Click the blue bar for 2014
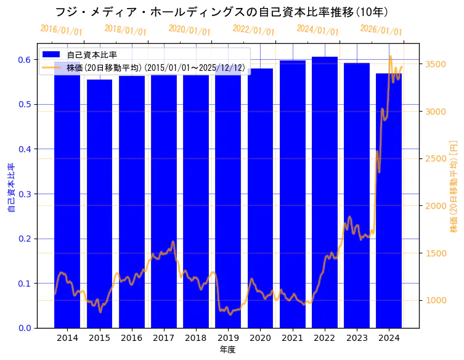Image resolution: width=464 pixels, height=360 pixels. click(x=67, y=197)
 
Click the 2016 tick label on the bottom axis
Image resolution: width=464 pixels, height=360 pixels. click(x=132, y=338)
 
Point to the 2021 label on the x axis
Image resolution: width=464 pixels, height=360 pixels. click(x=293, y=338)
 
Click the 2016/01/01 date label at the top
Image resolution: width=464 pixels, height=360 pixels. click(x=61, y=30)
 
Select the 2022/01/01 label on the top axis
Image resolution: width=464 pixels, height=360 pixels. click(x=253, y=30)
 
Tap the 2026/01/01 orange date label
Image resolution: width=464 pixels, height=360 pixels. click(x=381, y=30)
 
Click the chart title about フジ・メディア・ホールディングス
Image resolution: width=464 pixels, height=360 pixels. click(x=221, y=12)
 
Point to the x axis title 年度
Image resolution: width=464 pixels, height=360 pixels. click(x=227, y=350)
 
